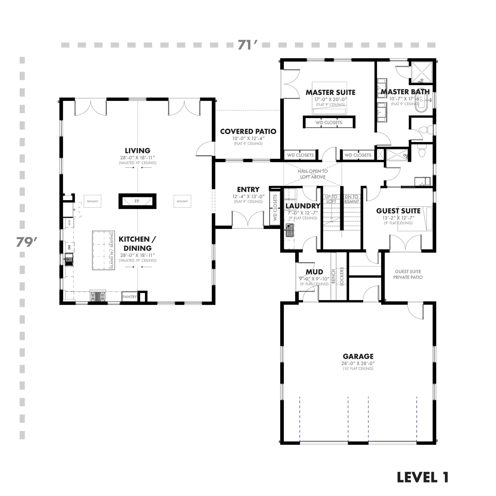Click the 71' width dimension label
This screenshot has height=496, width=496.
pos(247,45)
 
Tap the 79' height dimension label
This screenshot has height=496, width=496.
pos(26,242)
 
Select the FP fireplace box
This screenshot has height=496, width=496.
pos(137,201)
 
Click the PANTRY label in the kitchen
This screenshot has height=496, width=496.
pos(130,297)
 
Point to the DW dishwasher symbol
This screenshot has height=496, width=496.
pos(69,247)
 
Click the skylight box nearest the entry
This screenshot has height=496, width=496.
pos(182,201)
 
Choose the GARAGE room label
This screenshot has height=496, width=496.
pos(358,356)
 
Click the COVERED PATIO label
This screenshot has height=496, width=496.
pos(248,132)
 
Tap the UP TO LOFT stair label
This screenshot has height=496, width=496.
pos(331,199)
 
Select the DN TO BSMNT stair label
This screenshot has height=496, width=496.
pos(351,199)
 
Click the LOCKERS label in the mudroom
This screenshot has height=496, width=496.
pos(342,276)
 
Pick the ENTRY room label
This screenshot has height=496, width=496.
pos(248,189)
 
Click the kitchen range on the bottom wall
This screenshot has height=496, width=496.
pos(98,297)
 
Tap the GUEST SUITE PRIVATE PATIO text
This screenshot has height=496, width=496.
pos(408,274)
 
